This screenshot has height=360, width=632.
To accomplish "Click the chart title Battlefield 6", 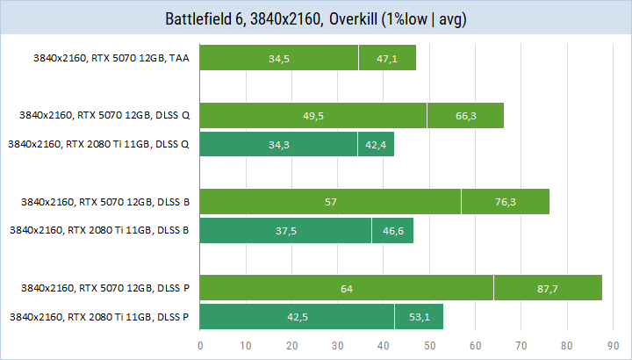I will (315, 18).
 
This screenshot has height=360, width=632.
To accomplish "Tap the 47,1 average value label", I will (387, 59).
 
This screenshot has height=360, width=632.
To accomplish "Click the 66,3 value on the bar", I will (465, 116).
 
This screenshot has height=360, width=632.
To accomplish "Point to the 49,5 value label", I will (313, 116).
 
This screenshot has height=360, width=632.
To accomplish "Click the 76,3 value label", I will (506, 202).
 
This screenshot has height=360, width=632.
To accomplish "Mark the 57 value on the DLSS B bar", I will (331, 202).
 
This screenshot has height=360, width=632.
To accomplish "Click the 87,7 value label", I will (549, 288).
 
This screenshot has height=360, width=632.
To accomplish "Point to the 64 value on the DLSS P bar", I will (347, 288).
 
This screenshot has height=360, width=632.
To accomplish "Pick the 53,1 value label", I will (419, 316).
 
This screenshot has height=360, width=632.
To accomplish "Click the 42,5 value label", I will (298, 316).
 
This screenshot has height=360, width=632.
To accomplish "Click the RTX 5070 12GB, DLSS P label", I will (104, 288).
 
